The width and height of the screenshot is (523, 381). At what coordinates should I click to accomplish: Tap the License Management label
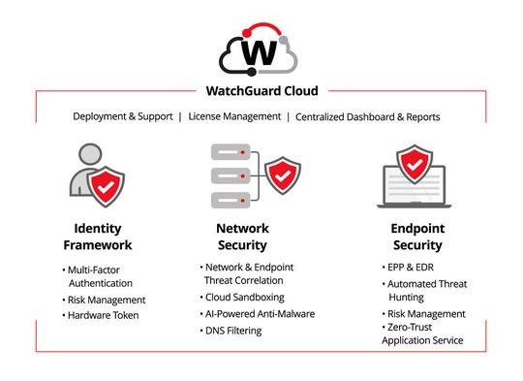tap(231, 116)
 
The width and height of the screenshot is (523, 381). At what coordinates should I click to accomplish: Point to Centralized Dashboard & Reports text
tap(367, 116)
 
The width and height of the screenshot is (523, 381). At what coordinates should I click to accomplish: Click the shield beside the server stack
tap(282, 176)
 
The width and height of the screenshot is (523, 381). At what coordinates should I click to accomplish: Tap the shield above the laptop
tap(415, 165)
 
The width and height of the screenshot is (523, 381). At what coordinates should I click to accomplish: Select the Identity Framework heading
tap(97, 238)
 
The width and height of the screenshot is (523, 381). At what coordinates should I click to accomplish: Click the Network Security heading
tap(241, 238)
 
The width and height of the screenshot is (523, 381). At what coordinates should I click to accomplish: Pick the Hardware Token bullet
tap(104, 315)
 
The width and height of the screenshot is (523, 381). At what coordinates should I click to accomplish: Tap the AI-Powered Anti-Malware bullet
tap(260, 314)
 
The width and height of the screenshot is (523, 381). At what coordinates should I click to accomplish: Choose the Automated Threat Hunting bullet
tap(427, 290)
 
